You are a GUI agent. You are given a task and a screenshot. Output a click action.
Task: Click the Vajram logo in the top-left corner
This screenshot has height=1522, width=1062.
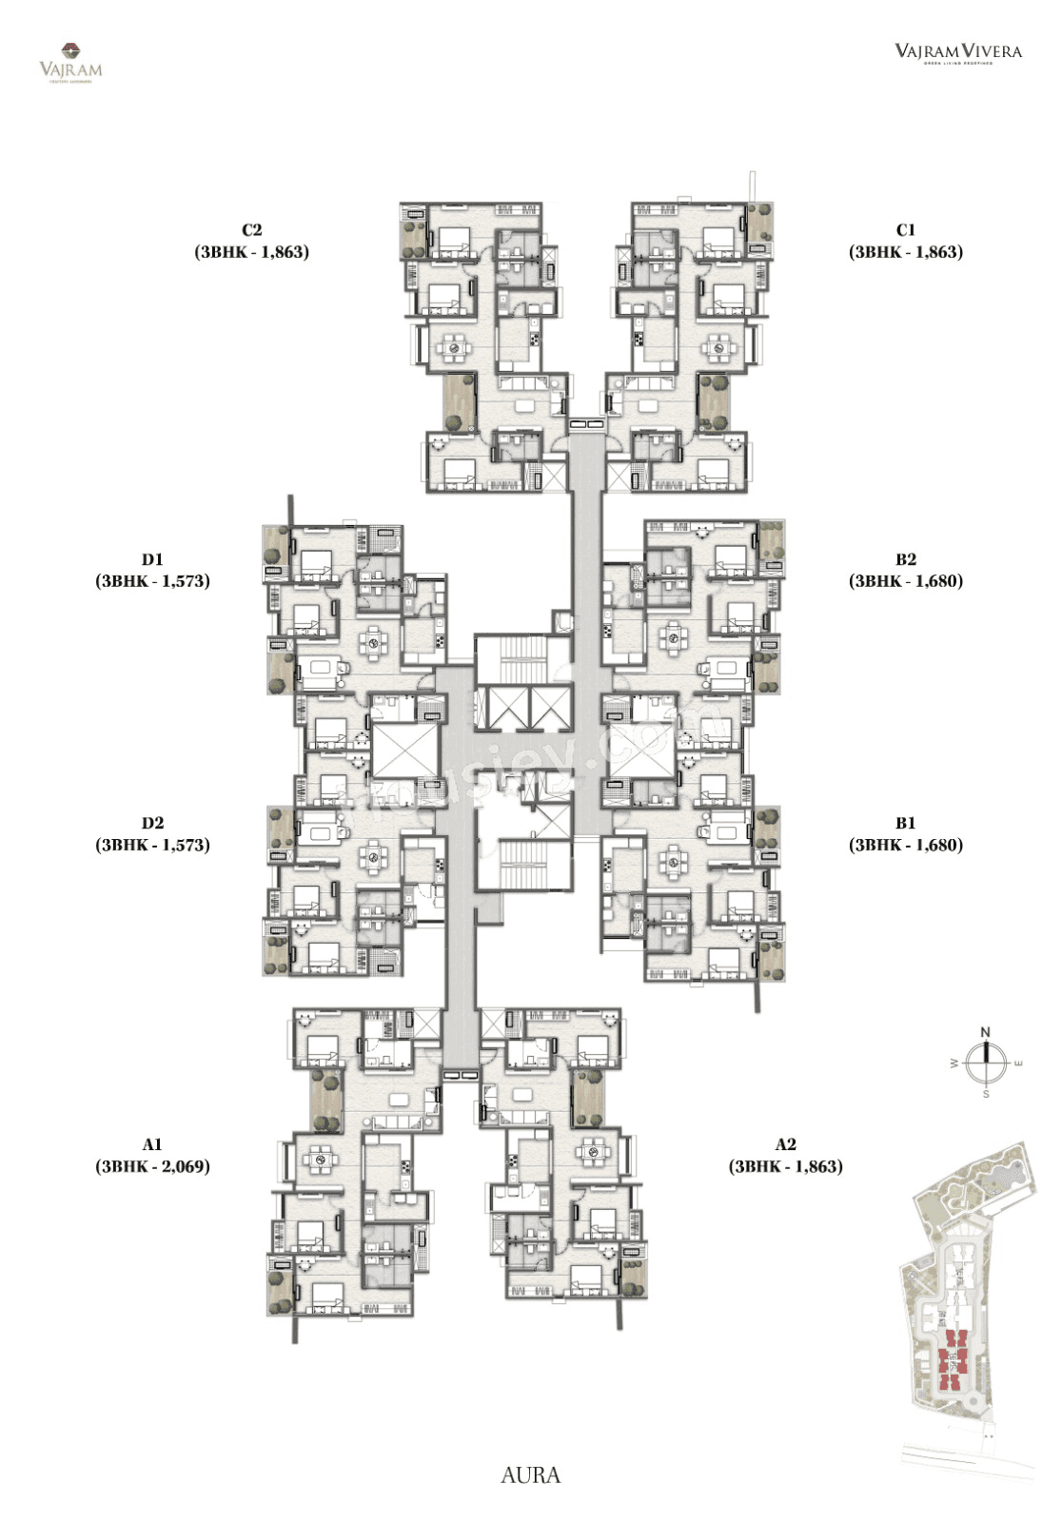[x=70, y=63]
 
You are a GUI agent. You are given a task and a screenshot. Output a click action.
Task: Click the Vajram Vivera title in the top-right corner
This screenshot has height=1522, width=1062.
[x=957, y=51]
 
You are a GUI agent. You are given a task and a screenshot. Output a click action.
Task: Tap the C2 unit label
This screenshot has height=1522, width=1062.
[x=251, y=229]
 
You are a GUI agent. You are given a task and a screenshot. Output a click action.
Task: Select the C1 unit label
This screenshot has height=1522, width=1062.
[x=905, y=229]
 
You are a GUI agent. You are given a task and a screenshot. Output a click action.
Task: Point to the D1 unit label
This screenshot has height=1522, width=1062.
[x=152, y=559]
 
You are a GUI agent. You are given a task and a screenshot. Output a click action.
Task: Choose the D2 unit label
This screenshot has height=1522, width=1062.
[x=152, y=823]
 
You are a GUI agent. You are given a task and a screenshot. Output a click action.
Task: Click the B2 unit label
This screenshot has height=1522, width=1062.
[x=905, y=559]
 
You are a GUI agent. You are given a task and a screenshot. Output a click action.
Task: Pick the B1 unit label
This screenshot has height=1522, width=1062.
[x=905, y=823]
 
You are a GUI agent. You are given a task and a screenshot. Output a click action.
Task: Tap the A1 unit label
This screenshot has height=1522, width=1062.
[x=152, y=1144]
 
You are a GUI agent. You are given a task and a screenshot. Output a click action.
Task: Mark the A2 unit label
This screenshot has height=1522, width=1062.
[x=785, y=1144]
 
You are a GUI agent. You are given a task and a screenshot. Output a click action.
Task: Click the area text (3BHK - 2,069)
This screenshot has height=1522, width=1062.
[x=152, y=1166]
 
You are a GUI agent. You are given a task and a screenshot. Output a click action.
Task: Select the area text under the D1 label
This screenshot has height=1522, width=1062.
[x=152, y=581]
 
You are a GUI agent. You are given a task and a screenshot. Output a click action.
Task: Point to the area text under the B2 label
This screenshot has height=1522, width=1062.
[x=905, y=581]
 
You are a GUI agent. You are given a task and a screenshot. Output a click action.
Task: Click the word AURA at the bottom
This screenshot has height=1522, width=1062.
[x=530, y=1475]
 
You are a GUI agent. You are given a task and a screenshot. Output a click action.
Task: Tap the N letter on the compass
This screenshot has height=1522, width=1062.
[x=986, y=1032]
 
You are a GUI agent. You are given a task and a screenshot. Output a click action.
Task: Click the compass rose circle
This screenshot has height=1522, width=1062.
[x=986, y=1063]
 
